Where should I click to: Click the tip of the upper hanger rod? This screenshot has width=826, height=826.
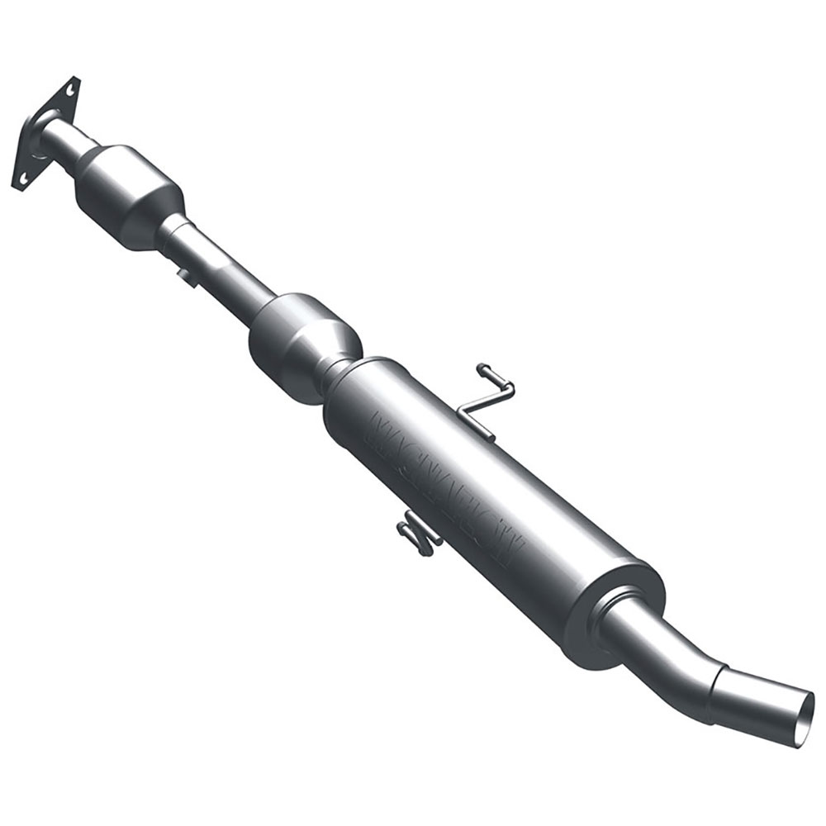point(482,368)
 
